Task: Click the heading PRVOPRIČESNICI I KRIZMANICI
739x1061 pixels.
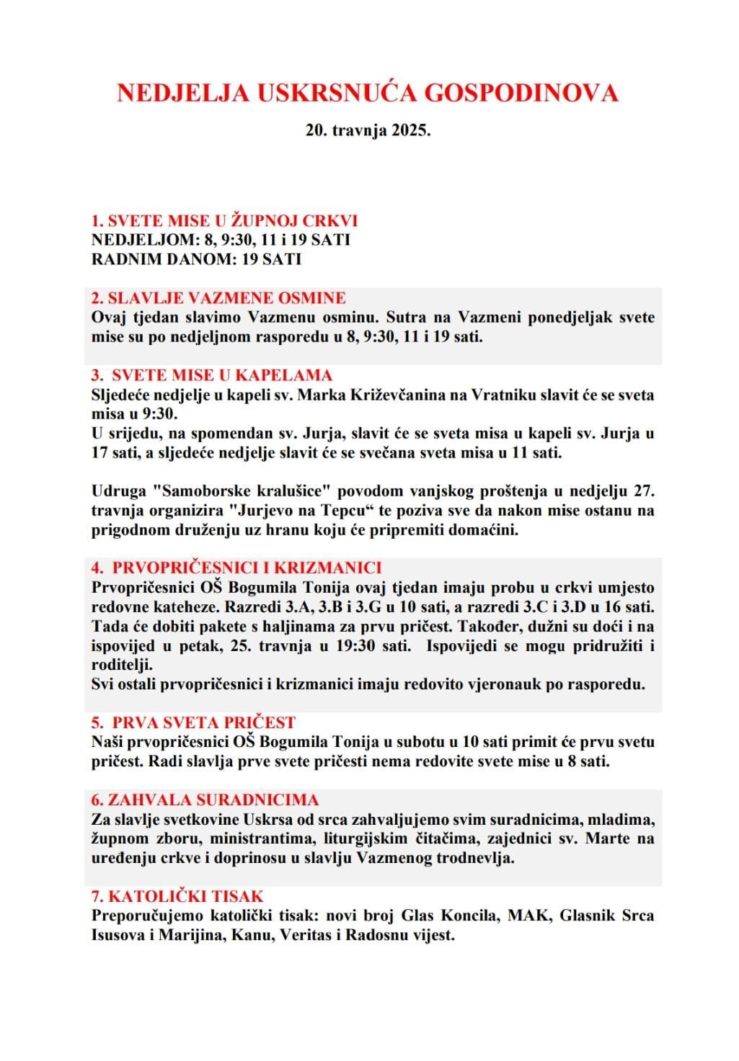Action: (247, 568)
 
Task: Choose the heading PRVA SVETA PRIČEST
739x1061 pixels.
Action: (204, 722)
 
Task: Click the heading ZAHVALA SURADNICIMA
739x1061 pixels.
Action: (214, 800)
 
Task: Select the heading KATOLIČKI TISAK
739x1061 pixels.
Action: (187, 896)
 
